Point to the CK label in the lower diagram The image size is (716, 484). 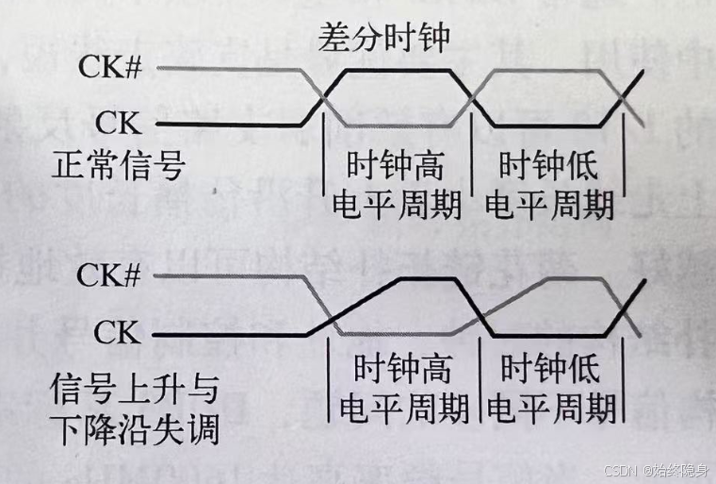click(x=119, y=333)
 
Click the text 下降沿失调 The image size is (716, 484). click(x=135, y=430)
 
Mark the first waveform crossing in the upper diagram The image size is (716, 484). click(x=323, y=97)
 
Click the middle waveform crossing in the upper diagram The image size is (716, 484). click(x=474, y=97)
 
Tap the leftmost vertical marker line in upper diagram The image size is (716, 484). click(x=323, y=175)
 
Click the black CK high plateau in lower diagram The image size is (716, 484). click(x=429, y=280)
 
